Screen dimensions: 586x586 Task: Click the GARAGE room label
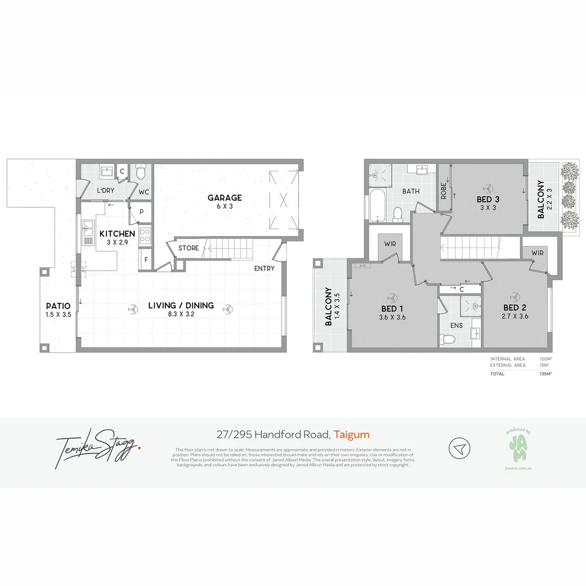[x=225, y=198]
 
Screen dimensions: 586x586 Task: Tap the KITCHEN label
[x=117, y=234]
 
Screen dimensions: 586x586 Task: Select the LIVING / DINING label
[x=181, y=305]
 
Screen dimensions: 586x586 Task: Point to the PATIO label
[x=59, y=305]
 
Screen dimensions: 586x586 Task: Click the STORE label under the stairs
[x=188, y=248]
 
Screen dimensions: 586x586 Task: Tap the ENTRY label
[x=264, y=268]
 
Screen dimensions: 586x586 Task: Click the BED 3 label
[x=488, y=199]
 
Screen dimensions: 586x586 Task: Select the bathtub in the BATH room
[x=377, y=205]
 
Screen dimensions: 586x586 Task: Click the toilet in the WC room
[x=141, y=173]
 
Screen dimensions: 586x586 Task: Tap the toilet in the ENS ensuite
[x=448, y=340]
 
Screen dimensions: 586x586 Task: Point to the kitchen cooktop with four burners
[x=145, y=235]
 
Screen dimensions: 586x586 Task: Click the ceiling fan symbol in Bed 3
[x=488, y=184]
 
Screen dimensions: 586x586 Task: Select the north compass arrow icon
[x=459, y=449]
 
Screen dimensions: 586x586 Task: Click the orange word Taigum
[x=352, y=434]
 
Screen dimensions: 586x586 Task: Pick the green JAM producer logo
[x=518, y=449]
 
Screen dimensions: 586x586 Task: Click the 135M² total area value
[x=546, y=374]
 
